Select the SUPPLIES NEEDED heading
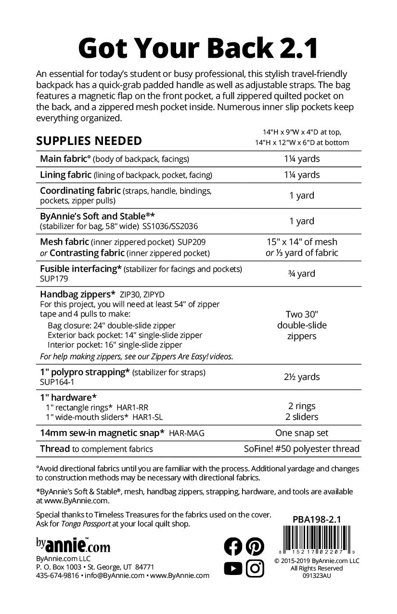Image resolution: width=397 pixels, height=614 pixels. [89, 141]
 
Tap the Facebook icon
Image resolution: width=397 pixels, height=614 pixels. [233, 546]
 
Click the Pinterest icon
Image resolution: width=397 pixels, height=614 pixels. [255, 546]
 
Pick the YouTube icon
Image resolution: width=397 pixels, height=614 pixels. [233, 569]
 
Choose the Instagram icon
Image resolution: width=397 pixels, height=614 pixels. [255, 569]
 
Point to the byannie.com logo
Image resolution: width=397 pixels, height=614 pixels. [73, 545]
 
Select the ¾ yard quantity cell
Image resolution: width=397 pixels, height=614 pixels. [302, 274]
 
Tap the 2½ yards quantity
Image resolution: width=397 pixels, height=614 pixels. [302, 377]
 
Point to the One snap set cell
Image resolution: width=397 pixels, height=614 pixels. [302, 433]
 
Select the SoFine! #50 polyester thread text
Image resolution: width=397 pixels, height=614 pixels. [302, 449]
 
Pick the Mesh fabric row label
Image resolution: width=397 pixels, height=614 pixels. [64, 242]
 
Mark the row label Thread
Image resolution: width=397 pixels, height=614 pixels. [55, 449]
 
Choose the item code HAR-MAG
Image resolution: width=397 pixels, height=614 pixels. [187, 433]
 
